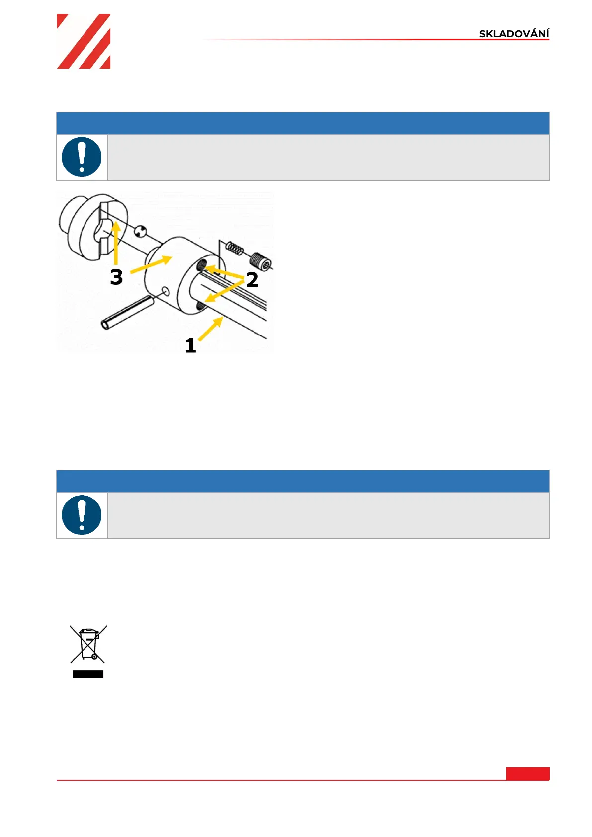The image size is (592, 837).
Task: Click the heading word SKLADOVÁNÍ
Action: pos(513,34)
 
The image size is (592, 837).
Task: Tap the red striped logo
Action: pos(84,41)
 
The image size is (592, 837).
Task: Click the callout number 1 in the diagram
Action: pos(190,345)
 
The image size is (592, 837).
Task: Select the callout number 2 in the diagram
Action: pos(253,280)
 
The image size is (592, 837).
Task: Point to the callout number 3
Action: pos(116,277)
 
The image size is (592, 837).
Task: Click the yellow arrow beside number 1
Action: pos(211,329)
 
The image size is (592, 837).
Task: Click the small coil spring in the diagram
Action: pos(234,248)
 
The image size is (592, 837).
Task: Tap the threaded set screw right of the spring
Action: pos(260,261)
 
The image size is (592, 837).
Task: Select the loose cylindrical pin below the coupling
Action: pos(127,312)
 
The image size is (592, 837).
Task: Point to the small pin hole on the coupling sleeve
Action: pos(166,291)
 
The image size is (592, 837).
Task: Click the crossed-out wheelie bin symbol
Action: pos(88,644)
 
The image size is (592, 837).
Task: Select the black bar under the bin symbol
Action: pos(88,674)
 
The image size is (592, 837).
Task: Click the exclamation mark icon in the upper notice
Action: pos(82,157)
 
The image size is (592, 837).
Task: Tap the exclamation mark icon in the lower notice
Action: pos(82,515)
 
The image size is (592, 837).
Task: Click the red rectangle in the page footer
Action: pos(527,774)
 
